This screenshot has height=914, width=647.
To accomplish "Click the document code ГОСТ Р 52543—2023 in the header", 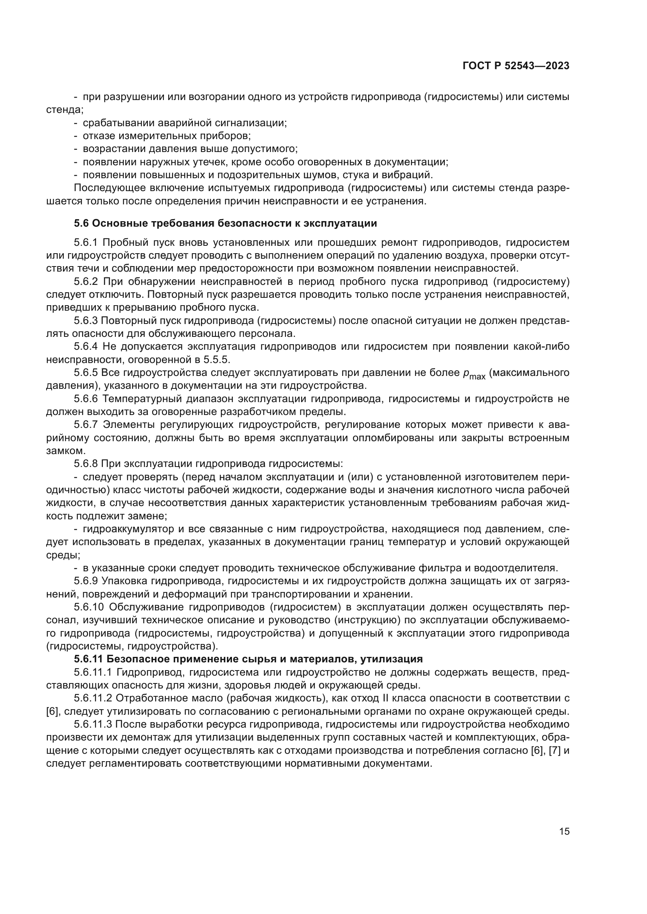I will [x=516, y=66].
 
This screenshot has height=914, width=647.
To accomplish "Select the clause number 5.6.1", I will [x=86, y=242].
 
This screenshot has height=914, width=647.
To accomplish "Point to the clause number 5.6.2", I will [x=86, y=281].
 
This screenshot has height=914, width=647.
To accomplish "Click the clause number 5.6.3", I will [x=86, y=321].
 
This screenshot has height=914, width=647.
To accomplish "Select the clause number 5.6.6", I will [x=86, y=399].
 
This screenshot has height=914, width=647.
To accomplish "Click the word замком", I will [x=66, y=451].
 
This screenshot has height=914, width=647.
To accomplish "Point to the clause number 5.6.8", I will [x=86, y=464].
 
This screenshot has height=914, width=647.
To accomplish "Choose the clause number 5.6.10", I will [x=88, y=607].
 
